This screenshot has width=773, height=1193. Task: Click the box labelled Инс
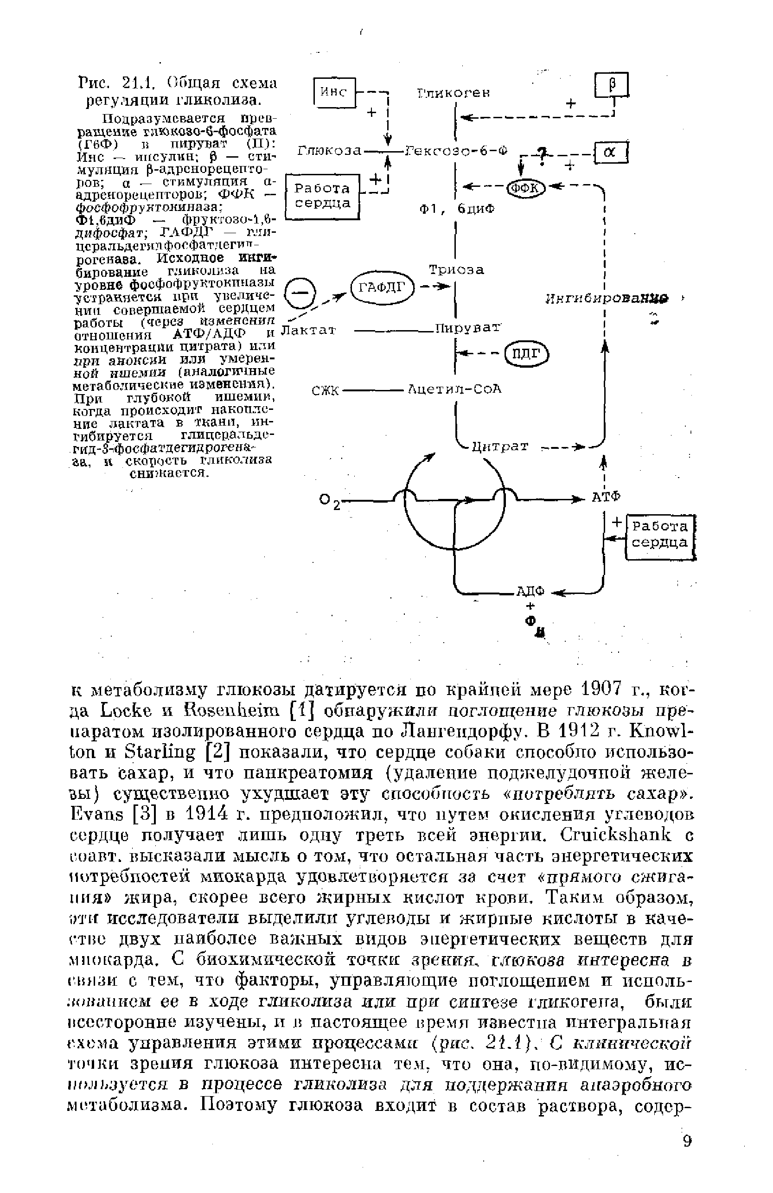click(333, 92)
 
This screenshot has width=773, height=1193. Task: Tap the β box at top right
click(611, 85)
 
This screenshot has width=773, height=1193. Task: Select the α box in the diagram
click(610, 153)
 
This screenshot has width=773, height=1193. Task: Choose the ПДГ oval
click(527, 354)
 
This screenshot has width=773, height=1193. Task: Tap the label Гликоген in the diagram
click(453, 94)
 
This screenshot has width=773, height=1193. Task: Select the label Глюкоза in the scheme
click(329, 150)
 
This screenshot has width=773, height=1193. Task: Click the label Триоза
click(456, 270)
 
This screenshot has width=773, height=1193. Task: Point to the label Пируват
click(468, 329)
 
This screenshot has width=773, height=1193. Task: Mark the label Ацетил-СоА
click(455, 389)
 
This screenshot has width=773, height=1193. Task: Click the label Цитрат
click(500, 446)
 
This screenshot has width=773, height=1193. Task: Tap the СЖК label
click(326, 390)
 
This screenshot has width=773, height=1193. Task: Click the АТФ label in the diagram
click(606, 497)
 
